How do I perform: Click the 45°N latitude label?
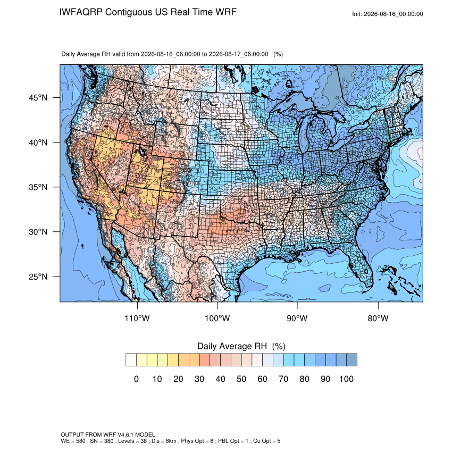38,98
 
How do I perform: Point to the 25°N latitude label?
38,277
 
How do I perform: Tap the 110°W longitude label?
137,318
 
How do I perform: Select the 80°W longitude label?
378,318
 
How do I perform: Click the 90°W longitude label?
297,318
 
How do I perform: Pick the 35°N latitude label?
38,187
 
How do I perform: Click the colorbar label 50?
241,379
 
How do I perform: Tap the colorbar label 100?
346,379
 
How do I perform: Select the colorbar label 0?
136,379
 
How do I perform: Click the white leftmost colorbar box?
131,360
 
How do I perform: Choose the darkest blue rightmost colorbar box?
351,360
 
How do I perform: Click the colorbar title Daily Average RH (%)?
241,346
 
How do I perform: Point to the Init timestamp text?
388,14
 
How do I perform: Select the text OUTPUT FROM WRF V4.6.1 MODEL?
108,434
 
